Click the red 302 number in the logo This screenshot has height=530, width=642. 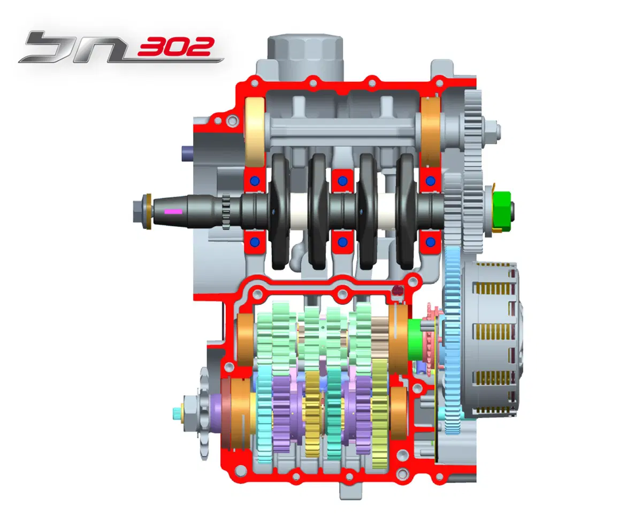tap(175, 47)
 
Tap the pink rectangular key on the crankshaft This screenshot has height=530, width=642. tap(173, 211)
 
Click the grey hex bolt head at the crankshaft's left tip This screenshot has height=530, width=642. tap(139, 211)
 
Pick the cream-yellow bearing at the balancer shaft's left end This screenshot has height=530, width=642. tap(255, 133)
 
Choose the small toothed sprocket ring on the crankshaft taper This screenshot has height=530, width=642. tap(226, 211)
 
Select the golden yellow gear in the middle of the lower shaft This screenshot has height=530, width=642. tap(313, 414)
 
